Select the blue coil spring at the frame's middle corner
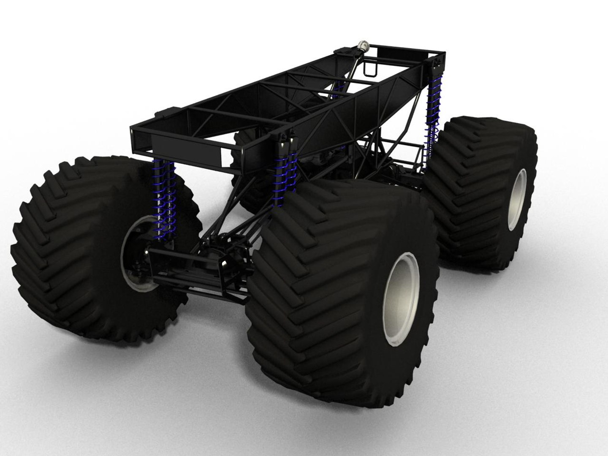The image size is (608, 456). (285, 173)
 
